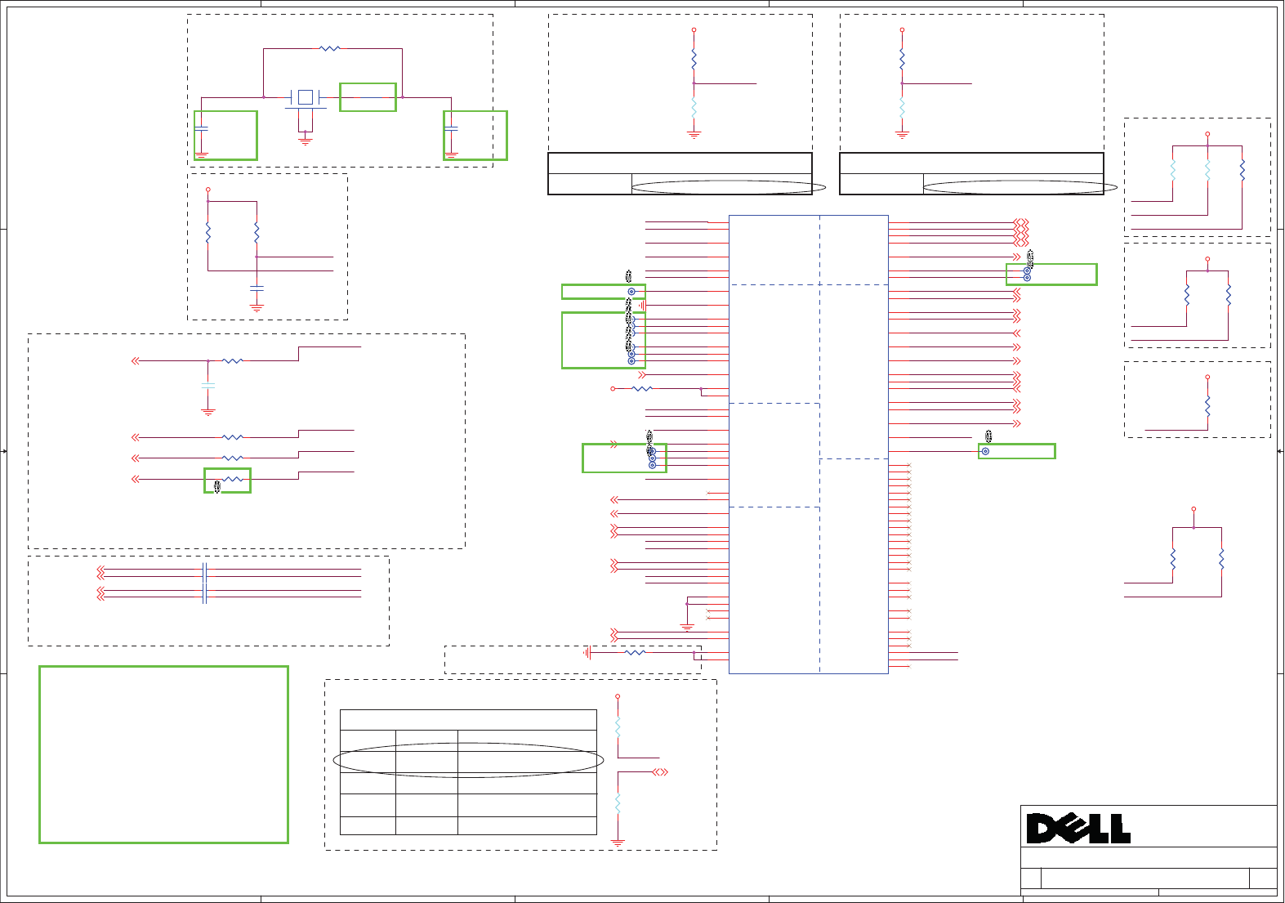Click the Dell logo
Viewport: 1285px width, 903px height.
[1078, 828]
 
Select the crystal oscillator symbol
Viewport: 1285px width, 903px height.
[306, 97]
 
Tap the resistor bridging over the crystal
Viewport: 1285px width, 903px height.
[329, 49]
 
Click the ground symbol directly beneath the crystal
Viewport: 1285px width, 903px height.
[306, 141]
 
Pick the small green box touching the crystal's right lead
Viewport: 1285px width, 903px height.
[368, 97]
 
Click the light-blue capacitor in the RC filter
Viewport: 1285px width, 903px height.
[208, 385]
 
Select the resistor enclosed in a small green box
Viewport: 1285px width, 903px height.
[233, 479]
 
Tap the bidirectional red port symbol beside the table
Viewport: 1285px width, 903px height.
[660, 771]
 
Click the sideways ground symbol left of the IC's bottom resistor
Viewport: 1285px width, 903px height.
[587, 652]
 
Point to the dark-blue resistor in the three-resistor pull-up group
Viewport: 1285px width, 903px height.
[1242, 170]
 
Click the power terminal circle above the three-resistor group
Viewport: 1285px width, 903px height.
[1207, 134]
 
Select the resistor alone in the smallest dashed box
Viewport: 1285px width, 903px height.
[1207, 406]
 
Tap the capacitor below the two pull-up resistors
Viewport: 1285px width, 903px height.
[257, 288]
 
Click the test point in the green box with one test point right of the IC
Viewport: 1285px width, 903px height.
[986, 451]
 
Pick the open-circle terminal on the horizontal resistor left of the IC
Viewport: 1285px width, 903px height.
[613, 389]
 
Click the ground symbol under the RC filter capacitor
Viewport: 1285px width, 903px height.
[208, 412]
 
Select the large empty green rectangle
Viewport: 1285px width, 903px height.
[163, 754]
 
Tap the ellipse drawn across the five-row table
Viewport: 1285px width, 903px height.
[468, 760]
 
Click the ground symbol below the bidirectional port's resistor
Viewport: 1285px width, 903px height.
[618, 841]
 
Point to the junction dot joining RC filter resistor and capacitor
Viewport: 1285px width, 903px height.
[208, 360]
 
